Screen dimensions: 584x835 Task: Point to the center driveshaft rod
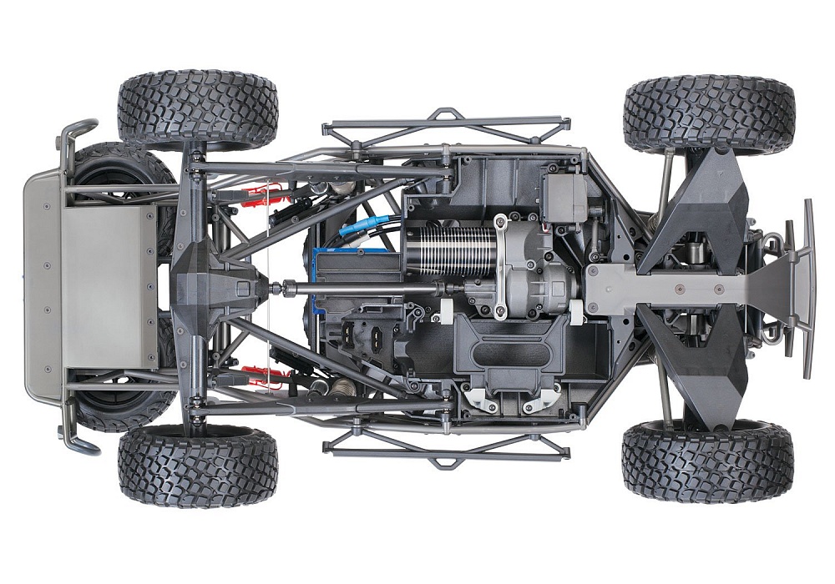[359, 289]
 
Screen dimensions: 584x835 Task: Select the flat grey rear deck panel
[109, 275]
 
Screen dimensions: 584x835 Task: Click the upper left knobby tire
[197, 109]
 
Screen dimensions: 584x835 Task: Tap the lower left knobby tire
[197, 466]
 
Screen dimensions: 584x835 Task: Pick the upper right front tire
[708, 113]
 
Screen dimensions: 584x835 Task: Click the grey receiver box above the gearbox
[564, 199]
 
